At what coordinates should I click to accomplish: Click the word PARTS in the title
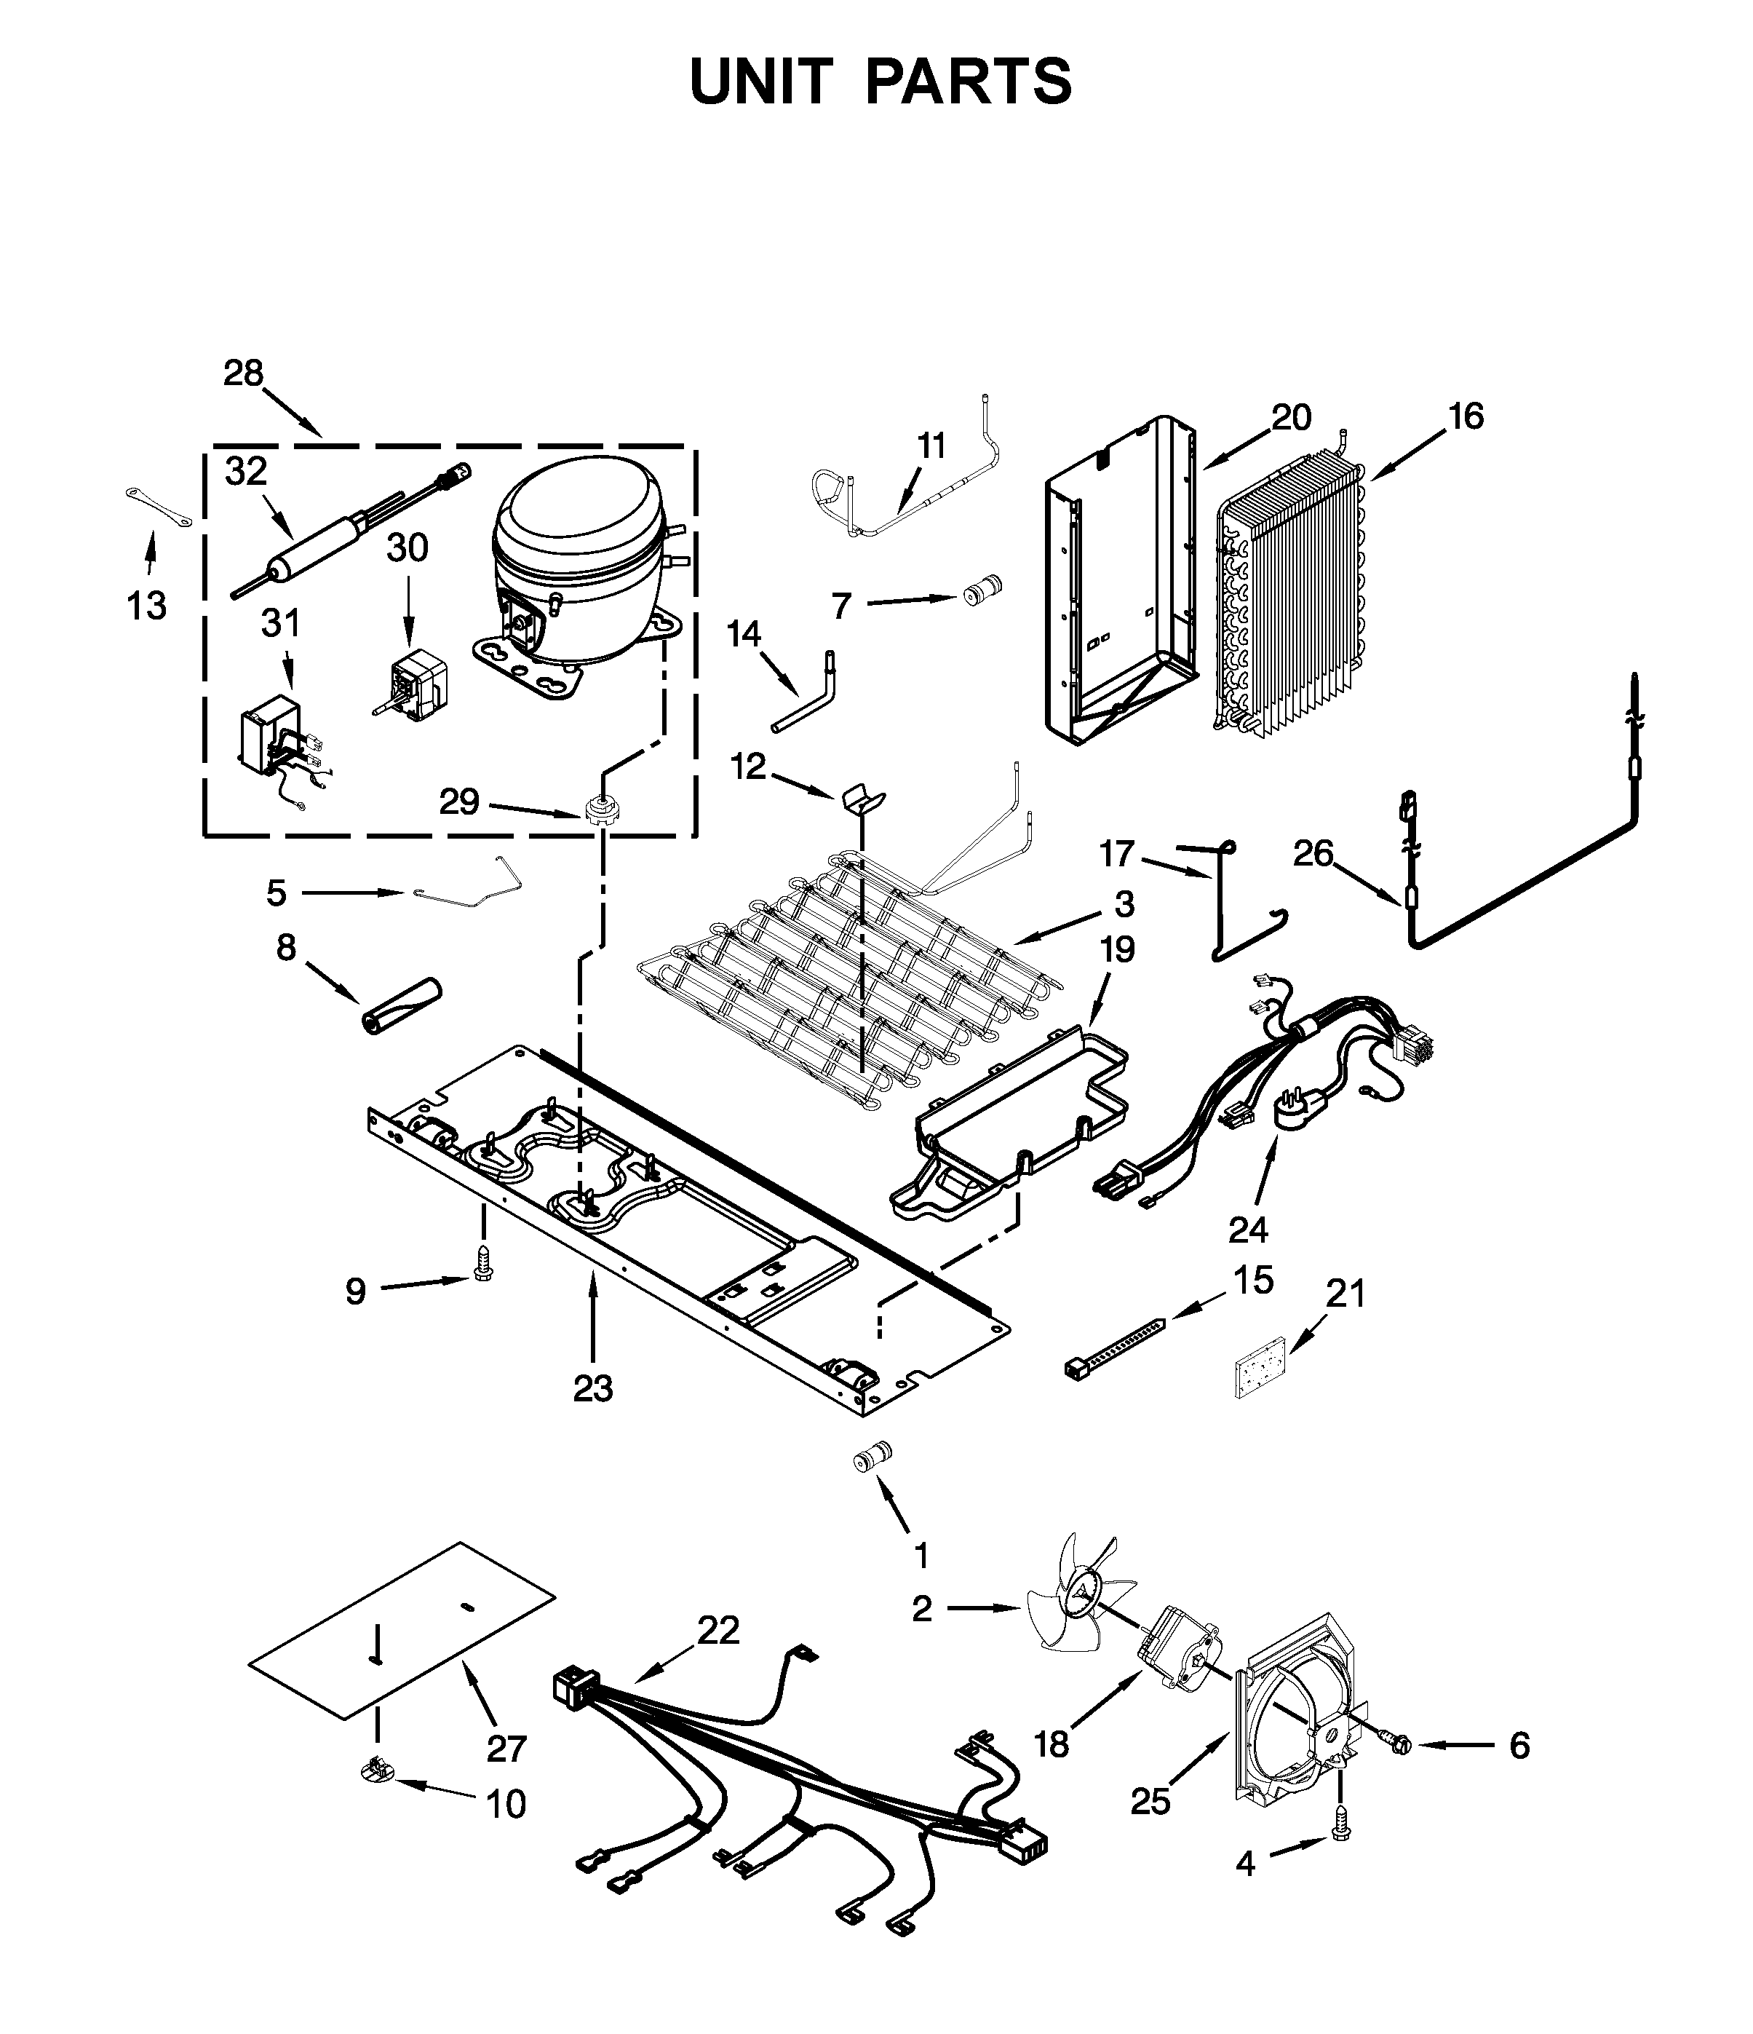click(x=968, y=82)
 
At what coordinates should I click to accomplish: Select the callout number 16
click(x=1466, y=416)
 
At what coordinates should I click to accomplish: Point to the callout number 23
click(x=593, y=1388)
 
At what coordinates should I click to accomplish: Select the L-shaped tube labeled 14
click(x=810, y=695)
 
